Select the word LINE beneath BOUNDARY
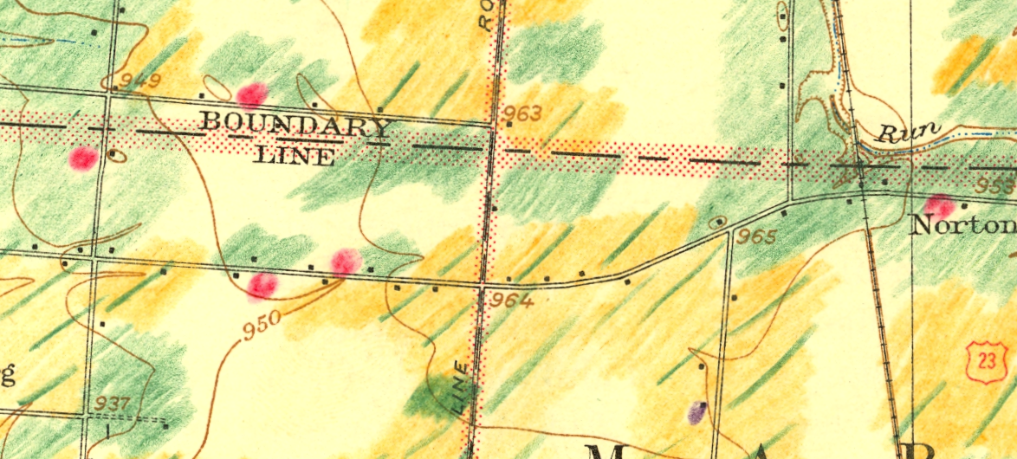[x=295, y=157]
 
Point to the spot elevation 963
[x=522, y=113]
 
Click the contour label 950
[x=262, y=321]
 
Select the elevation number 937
[x=113, y=404]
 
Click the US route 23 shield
[x=985, y=359]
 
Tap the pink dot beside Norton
[x=938, y=206]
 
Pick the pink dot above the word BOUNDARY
[x=250, y=94]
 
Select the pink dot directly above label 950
[x=262, y=285]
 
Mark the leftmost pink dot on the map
[x=83, y=158]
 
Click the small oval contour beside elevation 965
[x=719, y=223]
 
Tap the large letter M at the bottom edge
[x=607, y=450]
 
